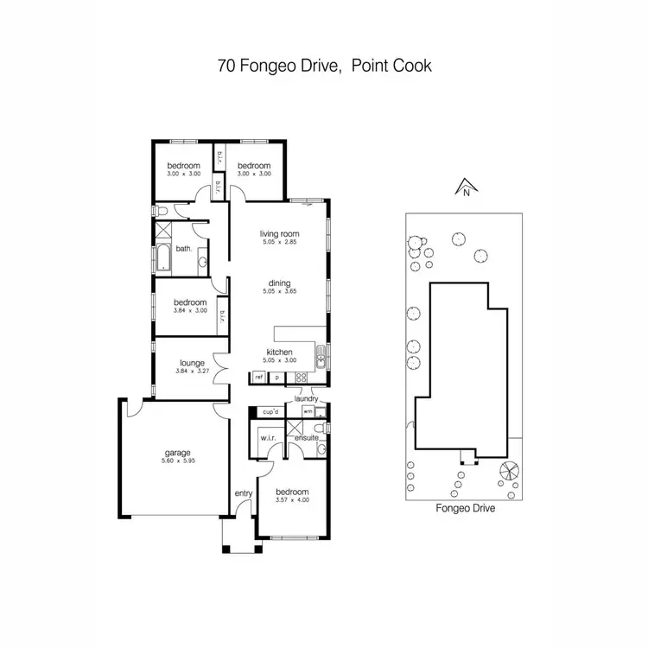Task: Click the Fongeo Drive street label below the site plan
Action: click(465, 510)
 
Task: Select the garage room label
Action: click(178, 452)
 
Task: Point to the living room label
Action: click(279, 233)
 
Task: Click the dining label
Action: click(279, 283)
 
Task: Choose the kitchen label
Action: click(279, 353)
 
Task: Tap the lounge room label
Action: click(191, 364)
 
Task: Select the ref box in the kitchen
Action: click(258, 378)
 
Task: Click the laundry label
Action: click(306, 398)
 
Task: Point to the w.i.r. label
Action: click(267, 438)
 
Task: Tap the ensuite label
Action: click(308, 438)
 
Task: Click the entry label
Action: click(243, 493)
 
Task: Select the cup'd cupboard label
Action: click(269, 412)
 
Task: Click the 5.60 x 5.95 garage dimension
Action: click(178, 461)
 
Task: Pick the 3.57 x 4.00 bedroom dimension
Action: click(292, 500)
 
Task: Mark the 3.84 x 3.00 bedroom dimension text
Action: click(190, 311)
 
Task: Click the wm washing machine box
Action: click(308, 412)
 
